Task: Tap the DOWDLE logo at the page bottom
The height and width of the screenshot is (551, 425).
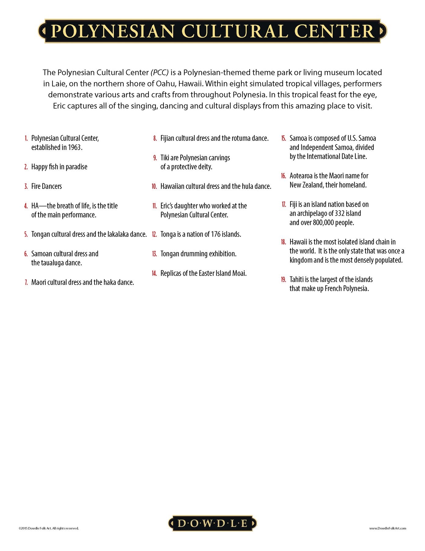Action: (x=213, y=523)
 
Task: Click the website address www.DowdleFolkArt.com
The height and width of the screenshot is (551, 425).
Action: (x=387, y=528)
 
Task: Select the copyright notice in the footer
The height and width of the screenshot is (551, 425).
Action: (x=49, y=528)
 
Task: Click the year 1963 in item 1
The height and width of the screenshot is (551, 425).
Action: (x=75, y=148)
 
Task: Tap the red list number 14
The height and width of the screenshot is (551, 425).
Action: (x=154, y=273)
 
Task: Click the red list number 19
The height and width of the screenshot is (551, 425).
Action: (x=283, y=279)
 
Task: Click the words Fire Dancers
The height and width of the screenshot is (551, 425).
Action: (x=46, y=186)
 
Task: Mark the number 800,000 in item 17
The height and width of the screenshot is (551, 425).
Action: (x=323, y=223)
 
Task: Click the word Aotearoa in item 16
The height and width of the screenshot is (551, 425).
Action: (x=301, y=176)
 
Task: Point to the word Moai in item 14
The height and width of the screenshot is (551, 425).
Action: (x=240, y=273)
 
